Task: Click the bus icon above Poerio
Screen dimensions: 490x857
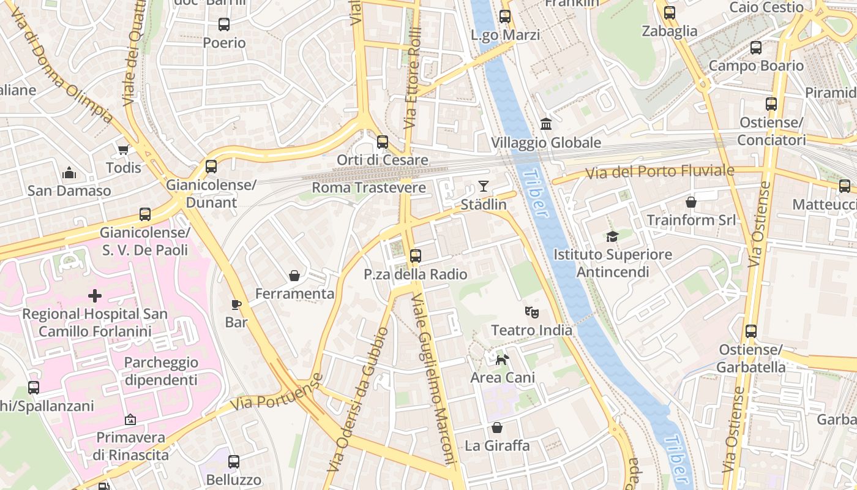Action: coord(224,24)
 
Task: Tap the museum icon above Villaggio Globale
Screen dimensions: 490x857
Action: coord(546,124)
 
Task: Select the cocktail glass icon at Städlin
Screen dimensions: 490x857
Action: coord(484,186)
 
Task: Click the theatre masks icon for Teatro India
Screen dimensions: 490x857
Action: coord(532,312)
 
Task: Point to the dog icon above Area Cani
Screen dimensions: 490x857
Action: coord(502,360)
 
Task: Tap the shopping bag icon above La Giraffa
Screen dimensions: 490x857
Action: coord(497,428)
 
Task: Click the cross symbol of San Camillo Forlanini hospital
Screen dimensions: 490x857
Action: coord(95,296)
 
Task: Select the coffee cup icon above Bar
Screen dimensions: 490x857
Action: coord(236,304)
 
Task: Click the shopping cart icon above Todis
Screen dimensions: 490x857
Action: coord(124,149)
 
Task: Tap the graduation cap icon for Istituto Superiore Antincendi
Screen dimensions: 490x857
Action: coord(612,236)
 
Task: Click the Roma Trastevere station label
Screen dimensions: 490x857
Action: coord(369,187)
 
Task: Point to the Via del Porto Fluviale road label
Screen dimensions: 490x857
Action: coord(659,172)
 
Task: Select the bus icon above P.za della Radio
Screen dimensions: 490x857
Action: coord(416,255)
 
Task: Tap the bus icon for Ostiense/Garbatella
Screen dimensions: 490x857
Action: coord(751,331)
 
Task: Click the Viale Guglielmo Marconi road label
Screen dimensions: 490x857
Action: coord(435,380)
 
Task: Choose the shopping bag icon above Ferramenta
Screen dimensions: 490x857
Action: coord(294,276)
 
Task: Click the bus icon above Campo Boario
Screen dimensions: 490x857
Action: coord(756,48)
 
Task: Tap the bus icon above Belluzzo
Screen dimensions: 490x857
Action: coord(234,462)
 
